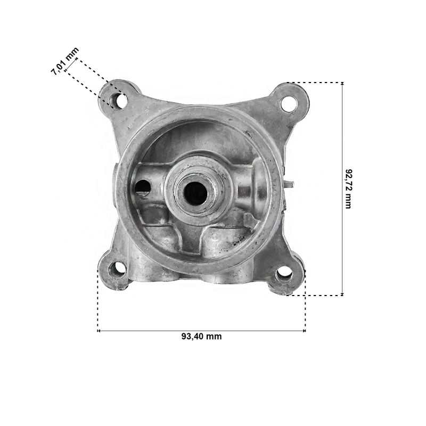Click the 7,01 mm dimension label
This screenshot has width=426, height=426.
tap(64, 61)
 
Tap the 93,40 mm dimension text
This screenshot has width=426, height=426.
tap(202, 337)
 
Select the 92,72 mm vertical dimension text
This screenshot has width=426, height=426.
tap(348, 189)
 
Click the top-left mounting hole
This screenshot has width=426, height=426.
tap(118, 101)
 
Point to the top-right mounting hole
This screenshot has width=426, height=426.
tap(288, 103)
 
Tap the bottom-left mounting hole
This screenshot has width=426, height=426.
tap(117, 269)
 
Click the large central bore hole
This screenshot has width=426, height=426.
tap(195, 193)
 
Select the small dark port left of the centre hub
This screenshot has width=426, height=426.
tap(143, 187)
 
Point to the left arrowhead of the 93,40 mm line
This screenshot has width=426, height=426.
tap(99, 331)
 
